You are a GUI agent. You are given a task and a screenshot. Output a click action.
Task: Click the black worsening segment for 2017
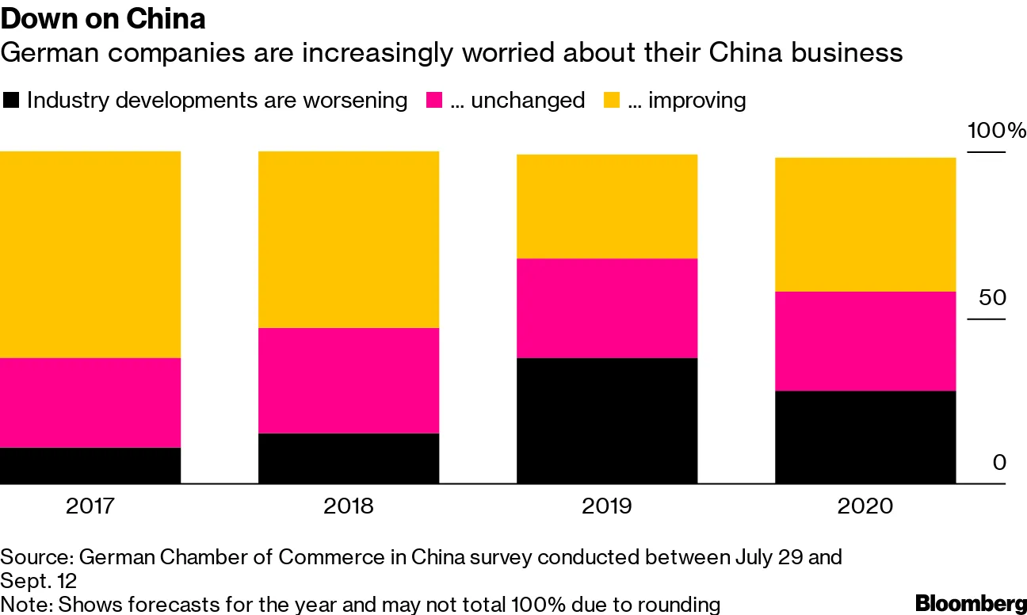tap(90, 465)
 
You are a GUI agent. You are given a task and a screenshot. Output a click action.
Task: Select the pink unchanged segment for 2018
tap(349, 380)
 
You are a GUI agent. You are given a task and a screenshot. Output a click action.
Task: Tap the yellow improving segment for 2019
tap(607, 206)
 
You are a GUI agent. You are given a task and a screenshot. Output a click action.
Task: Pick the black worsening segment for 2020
tap(865, 437)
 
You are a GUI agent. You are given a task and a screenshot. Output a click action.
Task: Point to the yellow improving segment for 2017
tap(90, 254)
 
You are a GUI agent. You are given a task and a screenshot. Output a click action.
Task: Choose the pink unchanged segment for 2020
tap(865, 341)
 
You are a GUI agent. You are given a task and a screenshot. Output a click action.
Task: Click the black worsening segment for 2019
tap(607, 421)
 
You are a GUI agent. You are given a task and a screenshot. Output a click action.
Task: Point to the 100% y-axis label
tap(995, 131)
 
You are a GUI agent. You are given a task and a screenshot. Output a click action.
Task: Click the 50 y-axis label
tap(991, 298)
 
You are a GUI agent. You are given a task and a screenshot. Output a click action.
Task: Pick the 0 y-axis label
tap(999, 462)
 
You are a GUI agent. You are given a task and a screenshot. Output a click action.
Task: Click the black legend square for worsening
tap(11, 101)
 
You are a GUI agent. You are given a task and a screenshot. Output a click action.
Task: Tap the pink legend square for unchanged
tap(434, 101)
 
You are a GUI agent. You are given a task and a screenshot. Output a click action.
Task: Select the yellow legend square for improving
tap(612, 101)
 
